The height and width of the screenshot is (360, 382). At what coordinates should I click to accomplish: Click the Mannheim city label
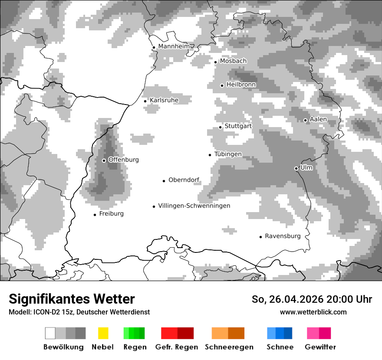[x=174, y=46]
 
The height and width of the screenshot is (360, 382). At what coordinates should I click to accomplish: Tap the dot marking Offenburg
[x=104, y=160]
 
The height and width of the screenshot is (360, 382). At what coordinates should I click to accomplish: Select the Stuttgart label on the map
[x=238, y=126]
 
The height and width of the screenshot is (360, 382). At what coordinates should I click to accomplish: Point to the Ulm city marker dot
[x=296, y=168]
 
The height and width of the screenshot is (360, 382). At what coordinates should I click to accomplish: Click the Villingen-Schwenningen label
[x=194, y=206]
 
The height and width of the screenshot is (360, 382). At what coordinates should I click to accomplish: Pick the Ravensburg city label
[x=283, y=236]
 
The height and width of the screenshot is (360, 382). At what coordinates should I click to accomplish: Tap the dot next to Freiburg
[x=95, y=215]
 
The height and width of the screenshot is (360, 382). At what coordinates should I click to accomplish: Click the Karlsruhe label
[x=164, y=100]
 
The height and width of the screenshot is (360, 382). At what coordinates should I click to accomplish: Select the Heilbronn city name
[x=241, y=85]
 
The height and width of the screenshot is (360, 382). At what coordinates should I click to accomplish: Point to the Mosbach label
[x=233, y=61]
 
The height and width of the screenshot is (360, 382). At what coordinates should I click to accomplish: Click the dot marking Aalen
[x=305, y=120]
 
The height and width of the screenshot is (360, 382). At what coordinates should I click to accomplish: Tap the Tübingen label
[x=228, y=154]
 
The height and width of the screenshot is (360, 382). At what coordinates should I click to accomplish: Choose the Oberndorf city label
[x=184, y=180]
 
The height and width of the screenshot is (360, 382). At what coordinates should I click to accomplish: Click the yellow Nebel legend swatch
[x=103, y=333]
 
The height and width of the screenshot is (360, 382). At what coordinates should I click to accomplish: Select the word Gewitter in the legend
[x=320, y=347]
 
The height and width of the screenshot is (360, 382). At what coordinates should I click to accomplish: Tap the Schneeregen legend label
[x=229, y=347]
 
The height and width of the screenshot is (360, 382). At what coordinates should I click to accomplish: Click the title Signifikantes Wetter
[x=72, y=299]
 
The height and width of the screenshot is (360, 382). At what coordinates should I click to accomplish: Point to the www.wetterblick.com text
[x=313, y=312]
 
